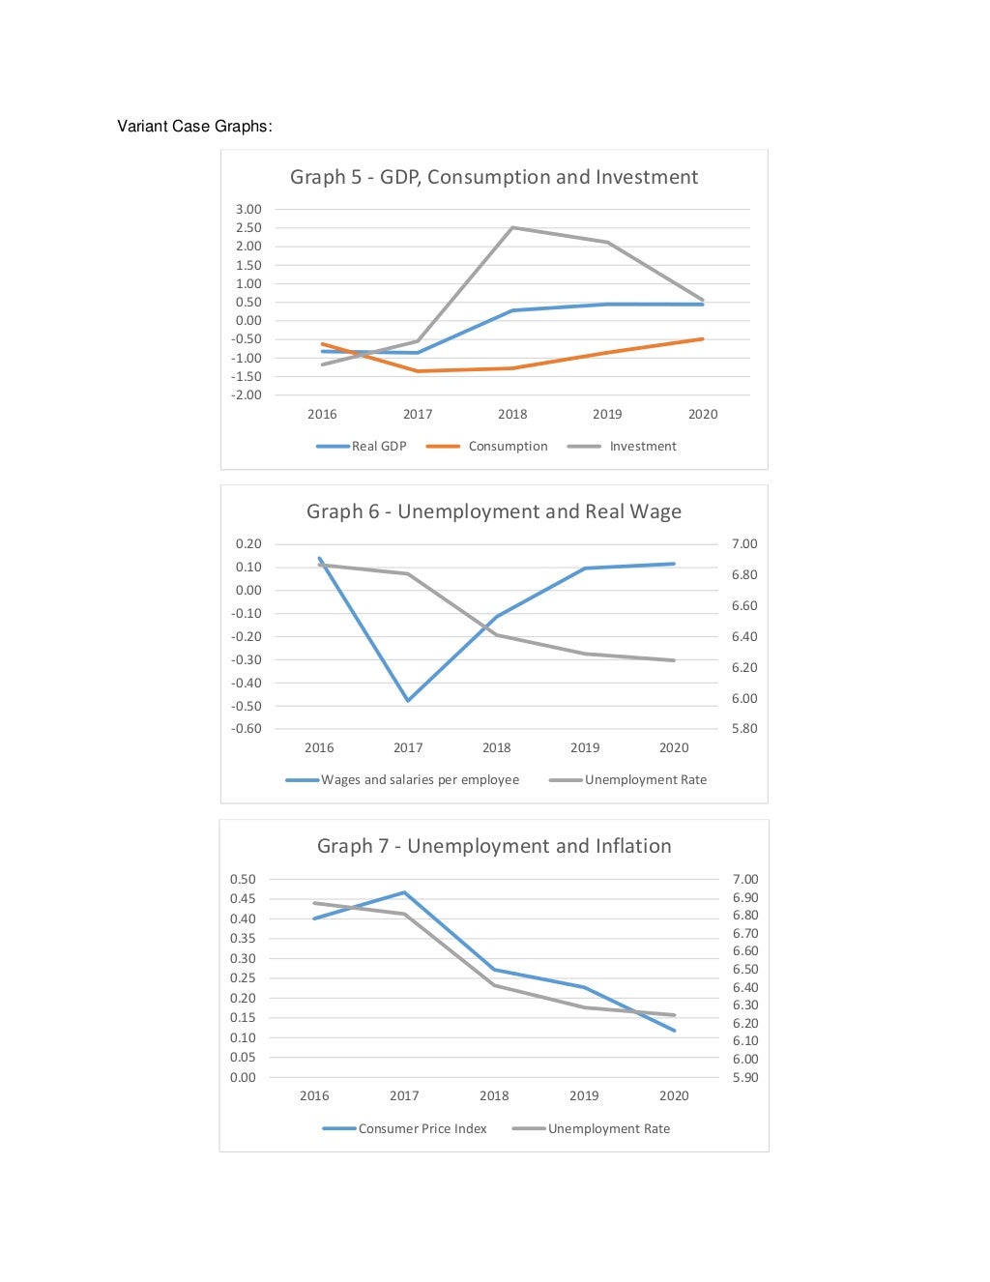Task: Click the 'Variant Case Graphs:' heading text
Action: click(194, 127)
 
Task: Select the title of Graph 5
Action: click(493, 177)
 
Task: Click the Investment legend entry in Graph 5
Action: click(642, 447)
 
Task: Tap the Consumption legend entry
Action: click(507, 447)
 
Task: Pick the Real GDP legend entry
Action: click(378, 447)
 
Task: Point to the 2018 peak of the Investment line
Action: click(512, 227)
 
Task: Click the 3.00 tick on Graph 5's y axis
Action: click(248, 210)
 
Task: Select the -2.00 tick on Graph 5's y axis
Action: click(247, 395)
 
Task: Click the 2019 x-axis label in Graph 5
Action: click(607, 415)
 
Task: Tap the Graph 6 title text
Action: click(493, 511)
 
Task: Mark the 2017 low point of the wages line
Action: click(408, 700)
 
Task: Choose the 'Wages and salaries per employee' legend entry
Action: click(420, 780)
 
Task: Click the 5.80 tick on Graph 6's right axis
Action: click(744, 729)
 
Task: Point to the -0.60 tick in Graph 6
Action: click(247, 729)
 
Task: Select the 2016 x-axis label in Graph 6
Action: click(319, 748)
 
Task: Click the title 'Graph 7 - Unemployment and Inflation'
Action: click(493, 846)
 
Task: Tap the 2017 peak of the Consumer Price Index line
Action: click(404, 892)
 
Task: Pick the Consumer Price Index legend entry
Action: click(422, 1129)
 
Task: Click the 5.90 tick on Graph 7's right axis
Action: click(745, 1078)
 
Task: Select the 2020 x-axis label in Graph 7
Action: click(674, 1096)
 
